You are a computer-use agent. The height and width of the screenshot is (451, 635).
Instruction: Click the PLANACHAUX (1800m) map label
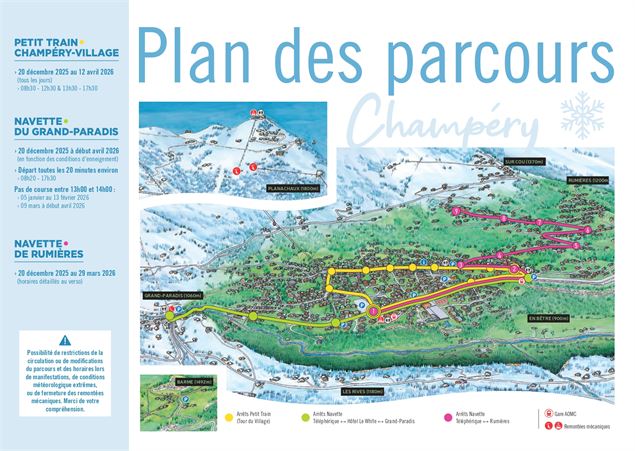[x=291, y=188]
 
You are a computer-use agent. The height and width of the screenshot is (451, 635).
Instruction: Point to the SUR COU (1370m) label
[x=523, y=161]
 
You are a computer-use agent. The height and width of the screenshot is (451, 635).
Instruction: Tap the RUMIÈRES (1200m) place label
[x=586, y=180]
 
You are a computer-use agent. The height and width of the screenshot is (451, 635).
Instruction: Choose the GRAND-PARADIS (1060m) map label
[x=172, y=296]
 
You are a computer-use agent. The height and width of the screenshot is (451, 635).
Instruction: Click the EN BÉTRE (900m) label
[x=549, y=318]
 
